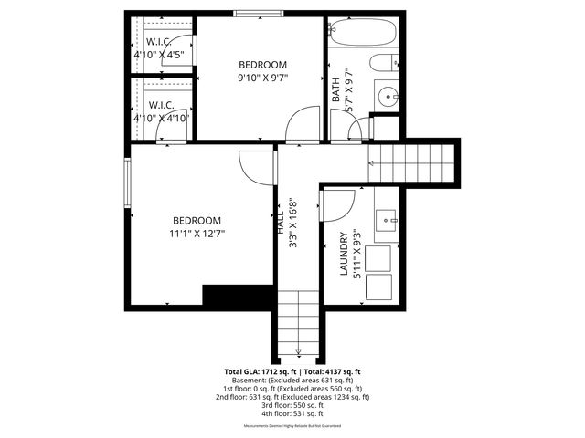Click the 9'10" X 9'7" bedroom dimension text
coord(262,78)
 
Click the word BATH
coord(335,88)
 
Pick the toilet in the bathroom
coord(383,63)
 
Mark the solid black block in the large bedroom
coord(238,297)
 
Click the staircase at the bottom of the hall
coord(298,324)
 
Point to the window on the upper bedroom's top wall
coord(259,13)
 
